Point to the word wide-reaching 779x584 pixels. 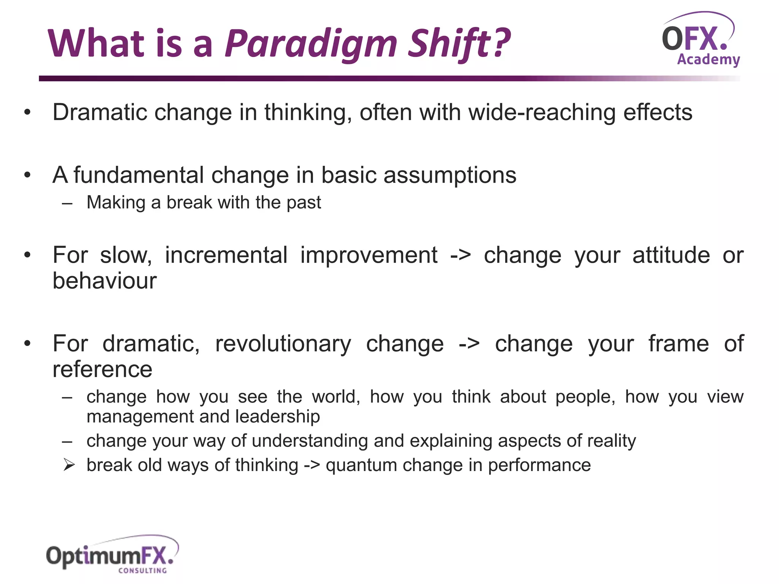[x=542, y=113]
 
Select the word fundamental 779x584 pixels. [x=138, y=175]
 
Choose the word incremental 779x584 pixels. [x=226, y=255]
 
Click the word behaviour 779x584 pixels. [x=104, y=281]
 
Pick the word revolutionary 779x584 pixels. [x=283, y=344]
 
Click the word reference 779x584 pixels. [x=102, y=370]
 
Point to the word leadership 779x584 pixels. [x=277, y=417]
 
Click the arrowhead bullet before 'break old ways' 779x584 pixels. [x=69, y=465]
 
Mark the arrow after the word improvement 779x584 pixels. [x=460, y=255]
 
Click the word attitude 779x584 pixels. [x=671, y=255]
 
